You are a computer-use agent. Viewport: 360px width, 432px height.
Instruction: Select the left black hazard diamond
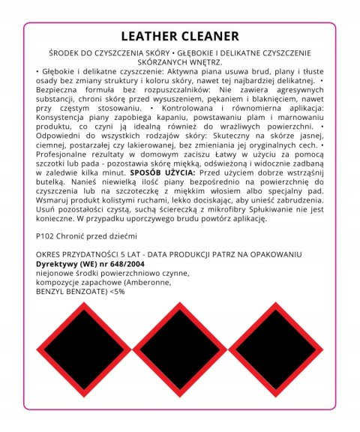(x=86, y=349)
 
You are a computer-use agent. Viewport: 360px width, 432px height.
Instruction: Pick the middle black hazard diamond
(x=180, y=349)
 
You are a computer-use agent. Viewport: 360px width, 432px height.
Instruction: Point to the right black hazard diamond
(x=274, y=349)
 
